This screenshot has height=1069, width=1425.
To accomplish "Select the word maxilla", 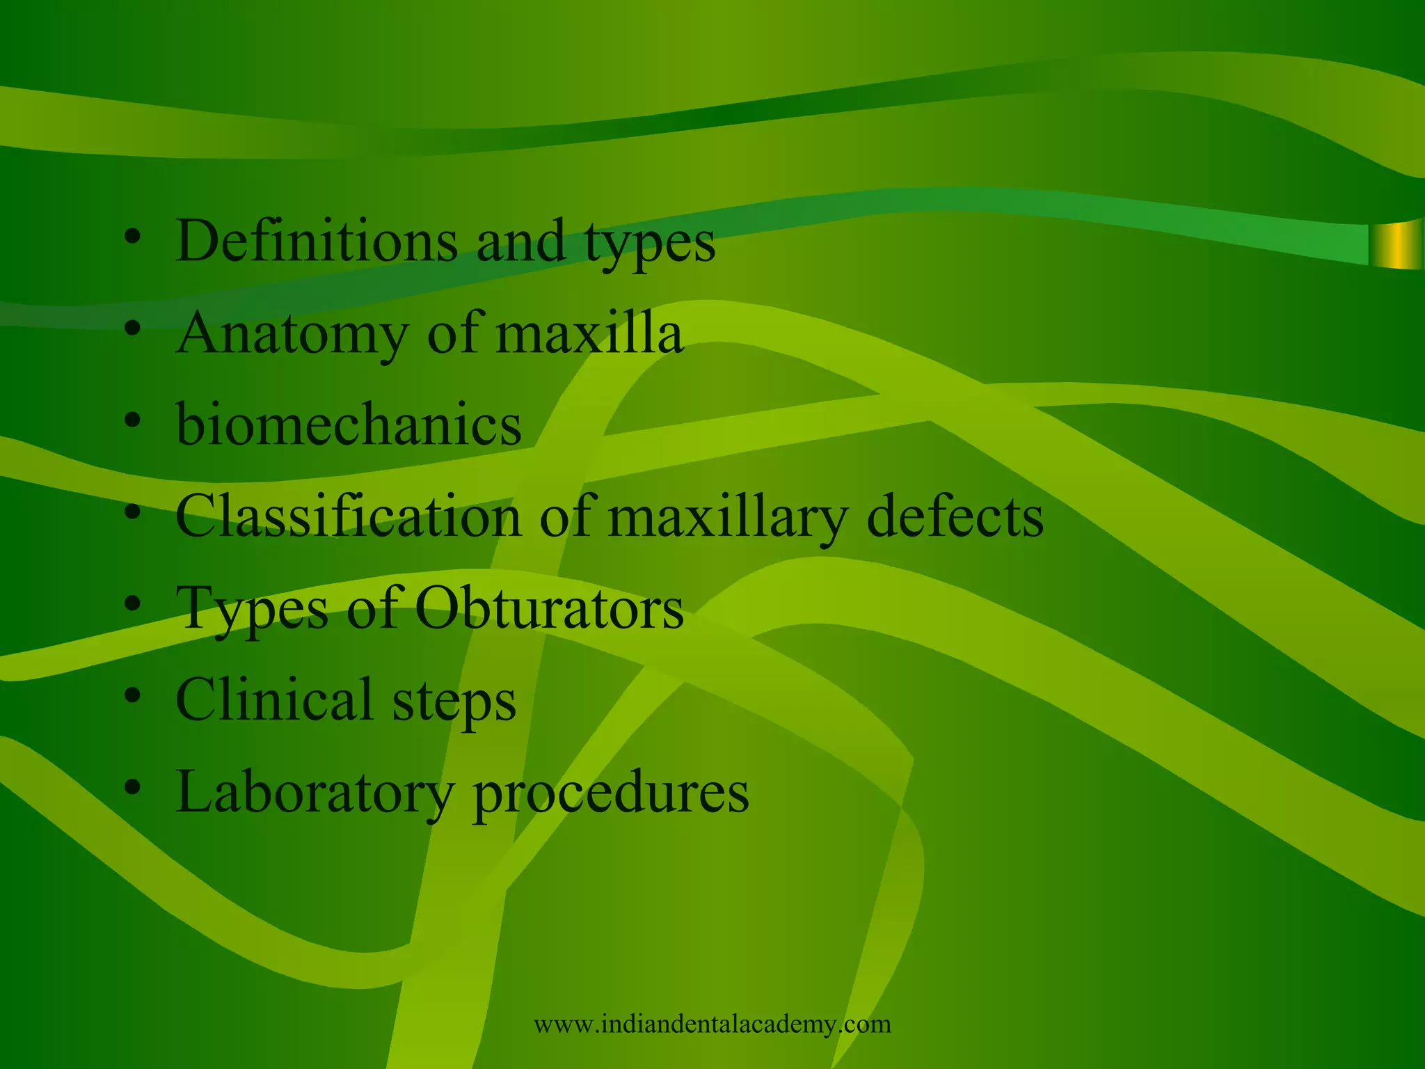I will click(x=589, y=333).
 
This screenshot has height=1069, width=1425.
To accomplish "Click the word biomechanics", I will click(x=349, y=425).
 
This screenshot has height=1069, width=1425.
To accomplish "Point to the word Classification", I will click(x=348, y=516).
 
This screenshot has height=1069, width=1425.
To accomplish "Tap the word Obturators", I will click(x=550, y=608).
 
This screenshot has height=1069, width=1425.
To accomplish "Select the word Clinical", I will click(x=274, y=699).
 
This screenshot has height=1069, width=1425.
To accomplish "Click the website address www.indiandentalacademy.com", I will click(x=712, y=1024).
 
